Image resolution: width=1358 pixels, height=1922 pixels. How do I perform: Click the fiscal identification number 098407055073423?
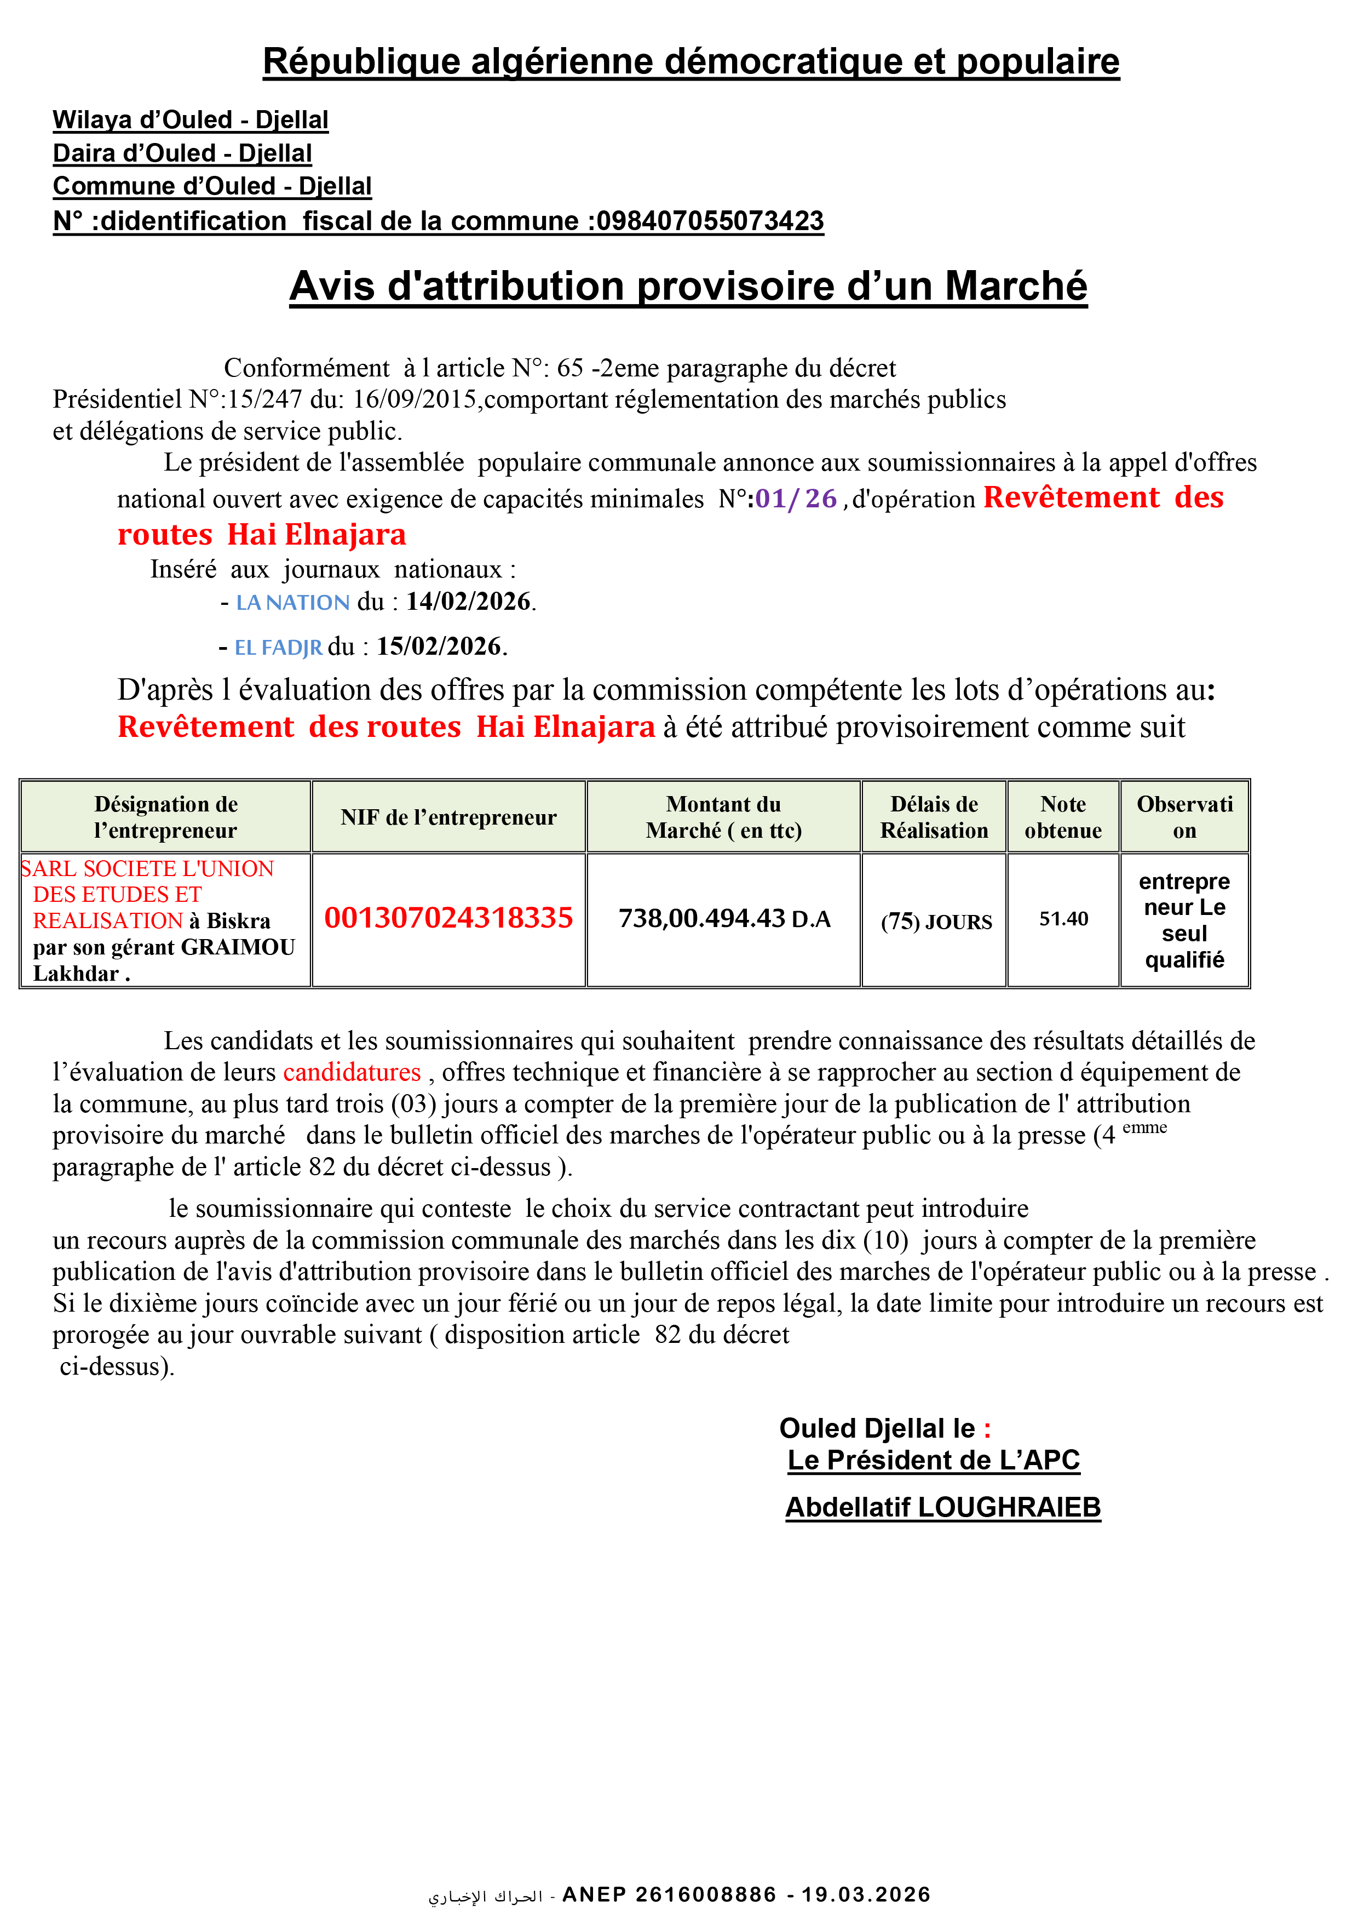[710, 221]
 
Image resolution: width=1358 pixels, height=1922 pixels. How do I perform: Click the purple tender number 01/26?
[796, 499]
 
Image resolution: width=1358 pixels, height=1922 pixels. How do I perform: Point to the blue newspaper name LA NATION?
[293, 603]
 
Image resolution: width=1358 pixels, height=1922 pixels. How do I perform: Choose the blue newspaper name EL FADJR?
[279, 647]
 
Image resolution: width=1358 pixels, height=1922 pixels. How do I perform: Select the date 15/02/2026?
[439, 647]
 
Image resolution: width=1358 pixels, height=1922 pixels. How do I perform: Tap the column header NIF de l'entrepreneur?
[448, 818]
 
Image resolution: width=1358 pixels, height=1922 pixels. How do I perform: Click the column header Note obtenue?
[1063, 818]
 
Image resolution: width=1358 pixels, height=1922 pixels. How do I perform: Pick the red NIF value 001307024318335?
[448, 918]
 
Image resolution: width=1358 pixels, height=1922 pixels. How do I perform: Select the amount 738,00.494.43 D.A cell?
[724, 919]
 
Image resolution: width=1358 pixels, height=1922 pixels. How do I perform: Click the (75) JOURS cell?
[935, 922]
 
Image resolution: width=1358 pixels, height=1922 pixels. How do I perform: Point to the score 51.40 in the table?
[1063, 919]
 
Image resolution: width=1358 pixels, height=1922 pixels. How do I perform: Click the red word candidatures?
[352, 1072]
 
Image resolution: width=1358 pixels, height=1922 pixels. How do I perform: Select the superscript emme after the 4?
[1144, 1128]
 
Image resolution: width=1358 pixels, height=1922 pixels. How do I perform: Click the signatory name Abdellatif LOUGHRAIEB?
[942, 1508]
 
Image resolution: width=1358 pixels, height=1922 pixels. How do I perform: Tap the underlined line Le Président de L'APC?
[934, 1461]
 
